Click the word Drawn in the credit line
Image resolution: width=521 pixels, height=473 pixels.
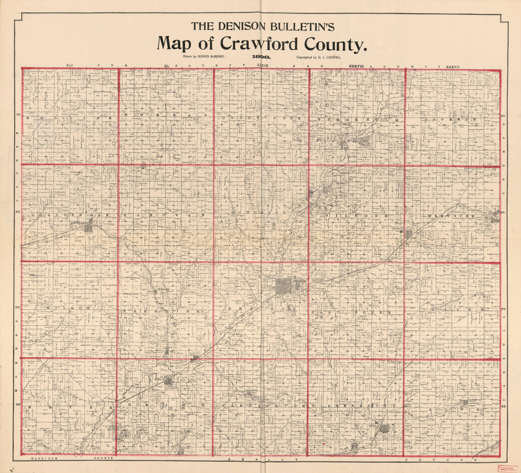180,56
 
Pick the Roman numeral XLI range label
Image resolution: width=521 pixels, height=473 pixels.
70,65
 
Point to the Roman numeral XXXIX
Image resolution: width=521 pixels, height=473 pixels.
262,65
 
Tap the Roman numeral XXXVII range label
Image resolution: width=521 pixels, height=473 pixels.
453,65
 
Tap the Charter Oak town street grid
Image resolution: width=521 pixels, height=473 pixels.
89,227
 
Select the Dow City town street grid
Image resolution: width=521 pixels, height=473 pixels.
168,380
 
